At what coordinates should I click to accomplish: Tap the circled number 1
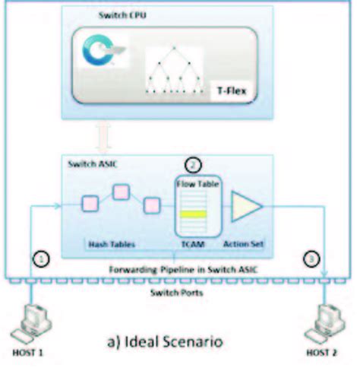(x=43, y=259)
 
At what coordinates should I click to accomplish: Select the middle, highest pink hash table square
(x=120, y=192)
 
